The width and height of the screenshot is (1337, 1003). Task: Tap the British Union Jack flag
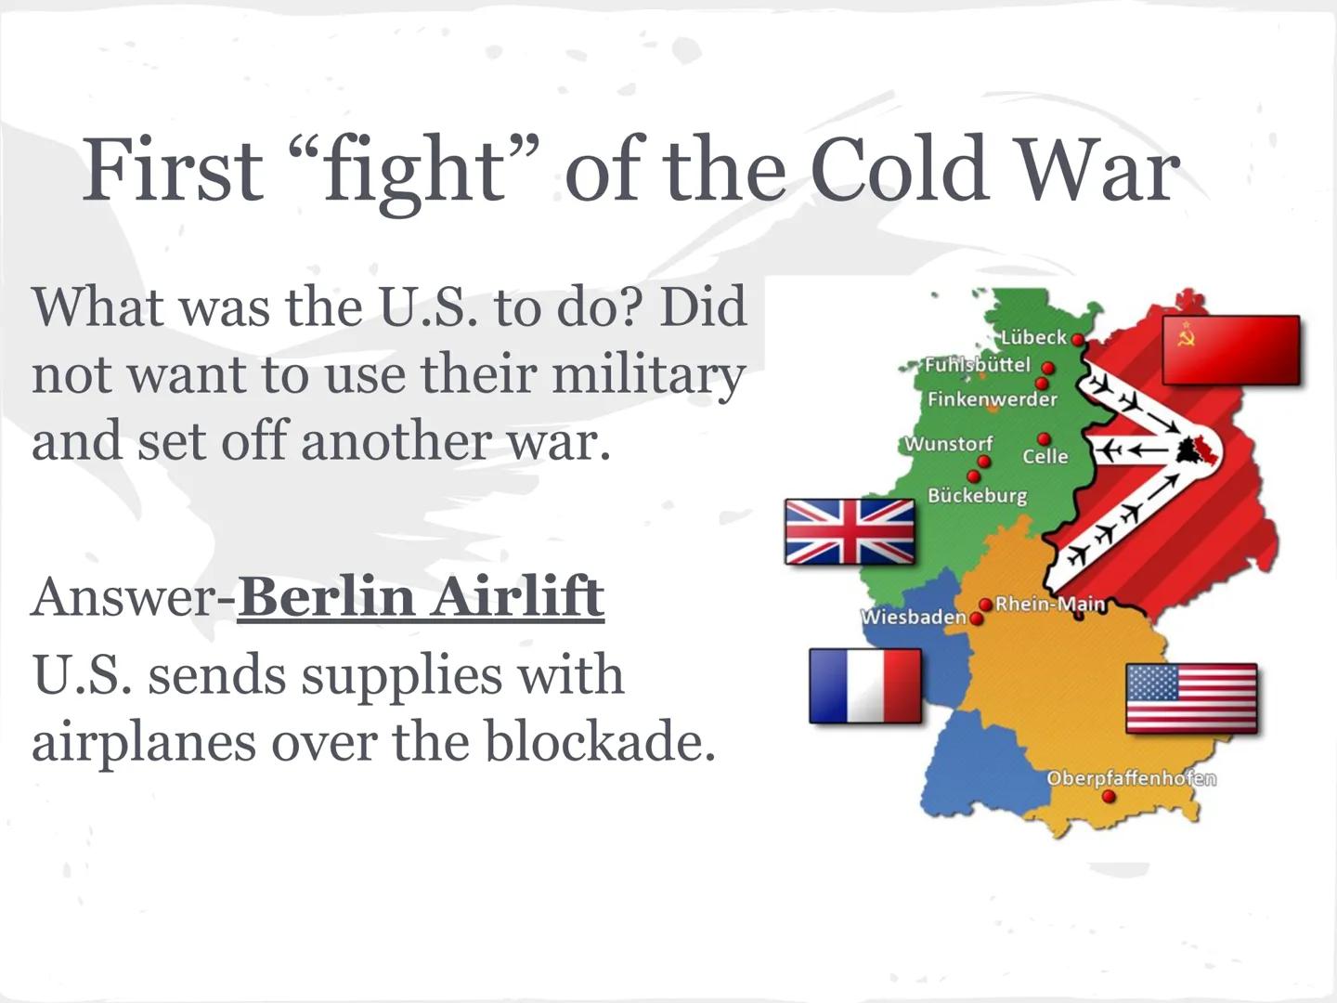pos(850,532)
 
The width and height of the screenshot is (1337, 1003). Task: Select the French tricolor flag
pos(865,685)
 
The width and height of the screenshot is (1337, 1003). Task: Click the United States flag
pos(1191,698)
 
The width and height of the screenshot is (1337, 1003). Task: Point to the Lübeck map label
pos(1033,337)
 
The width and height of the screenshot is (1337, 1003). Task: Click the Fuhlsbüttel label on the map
pos(977,364)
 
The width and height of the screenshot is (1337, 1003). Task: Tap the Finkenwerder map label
pos(992,399)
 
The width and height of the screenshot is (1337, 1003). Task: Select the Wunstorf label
pos(948,443)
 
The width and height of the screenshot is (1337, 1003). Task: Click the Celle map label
pos(1045,456)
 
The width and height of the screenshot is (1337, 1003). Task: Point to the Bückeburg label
pos(977,495)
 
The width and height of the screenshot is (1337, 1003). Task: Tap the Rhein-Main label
pos(1050,604)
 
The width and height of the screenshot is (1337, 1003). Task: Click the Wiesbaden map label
pos(914,617)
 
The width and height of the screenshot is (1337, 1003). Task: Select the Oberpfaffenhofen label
pos(1131,777)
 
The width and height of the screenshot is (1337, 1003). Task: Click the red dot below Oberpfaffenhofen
pos(1109,797)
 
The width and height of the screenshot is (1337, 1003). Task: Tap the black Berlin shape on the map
pos(1189,451)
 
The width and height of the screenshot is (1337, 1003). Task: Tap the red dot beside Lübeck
pos(1077,340)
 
